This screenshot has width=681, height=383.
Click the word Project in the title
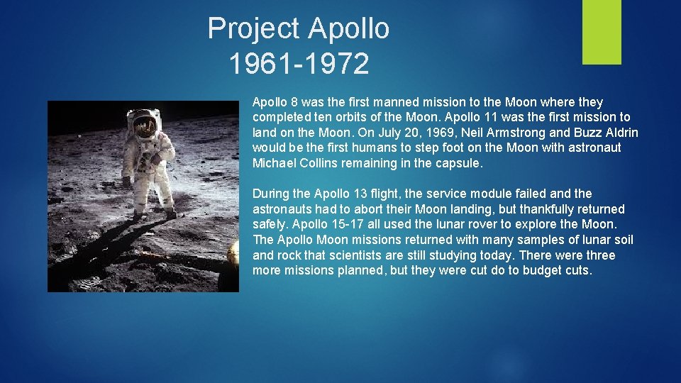pos(254,29)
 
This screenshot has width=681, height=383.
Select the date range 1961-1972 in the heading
pos(299,64)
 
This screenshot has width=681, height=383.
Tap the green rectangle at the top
pos(602,31)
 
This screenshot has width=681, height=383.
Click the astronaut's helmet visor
pos(145,126)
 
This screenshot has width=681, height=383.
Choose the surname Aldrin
pos(619,133)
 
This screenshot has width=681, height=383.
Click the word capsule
pos(460,163)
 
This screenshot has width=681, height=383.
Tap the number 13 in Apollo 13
pos(365,194)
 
